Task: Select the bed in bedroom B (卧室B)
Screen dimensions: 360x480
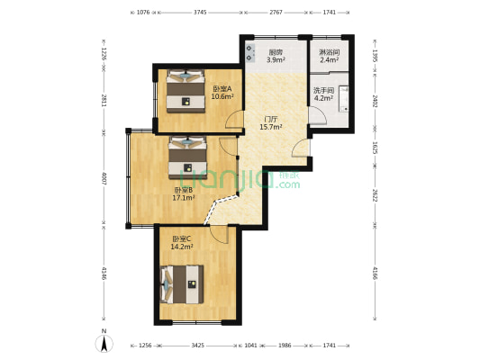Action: coord(187,155)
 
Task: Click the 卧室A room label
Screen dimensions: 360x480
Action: coord(222,88)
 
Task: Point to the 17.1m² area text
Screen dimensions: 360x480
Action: coord(184,198)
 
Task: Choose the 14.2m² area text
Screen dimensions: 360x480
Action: coord(183,246)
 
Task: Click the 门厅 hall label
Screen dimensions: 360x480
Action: coord(270,119)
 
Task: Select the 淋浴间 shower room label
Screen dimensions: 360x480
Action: coord(329,52)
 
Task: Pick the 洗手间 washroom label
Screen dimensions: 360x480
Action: coord(323,91)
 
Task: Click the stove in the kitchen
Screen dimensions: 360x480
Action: coord(249,53)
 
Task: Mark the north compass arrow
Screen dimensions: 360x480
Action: coord(104,340)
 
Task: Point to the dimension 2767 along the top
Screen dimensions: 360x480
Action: coord(276,13)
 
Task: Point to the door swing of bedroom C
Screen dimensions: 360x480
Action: coord(218,235)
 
